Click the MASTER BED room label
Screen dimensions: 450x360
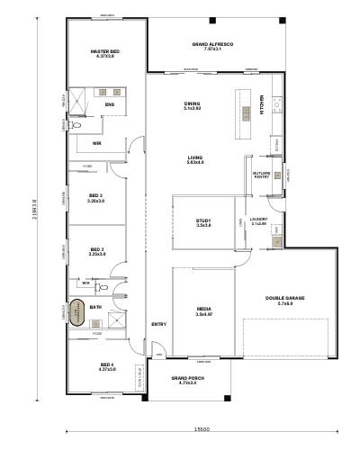[105, 55]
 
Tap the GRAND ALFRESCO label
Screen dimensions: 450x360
[212, 46]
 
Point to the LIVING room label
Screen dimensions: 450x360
[195, 160]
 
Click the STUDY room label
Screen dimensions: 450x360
[203, 223]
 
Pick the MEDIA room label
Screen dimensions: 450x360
[203, 311]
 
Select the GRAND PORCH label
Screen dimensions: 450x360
[189, 382]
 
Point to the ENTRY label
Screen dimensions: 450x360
[158, 324]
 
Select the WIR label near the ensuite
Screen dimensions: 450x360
[96, 143]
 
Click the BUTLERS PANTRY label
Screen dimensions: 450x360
[262, 175]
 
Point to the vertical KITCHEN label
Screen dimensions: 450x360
[262, 104]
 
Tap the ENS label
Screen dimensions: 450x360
[109, 104]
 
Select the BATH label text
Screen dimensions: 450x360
[95, 307]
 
